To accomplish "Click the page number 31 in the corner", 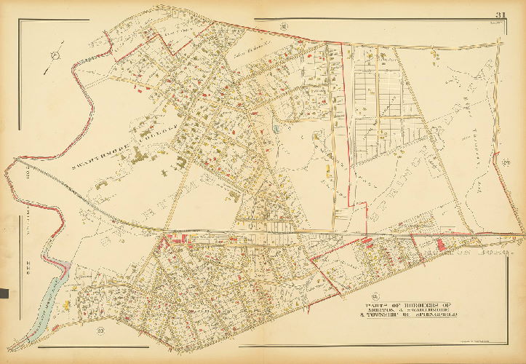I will click(501, 15).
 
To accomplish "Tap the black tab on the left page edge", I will click(3, 294).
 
